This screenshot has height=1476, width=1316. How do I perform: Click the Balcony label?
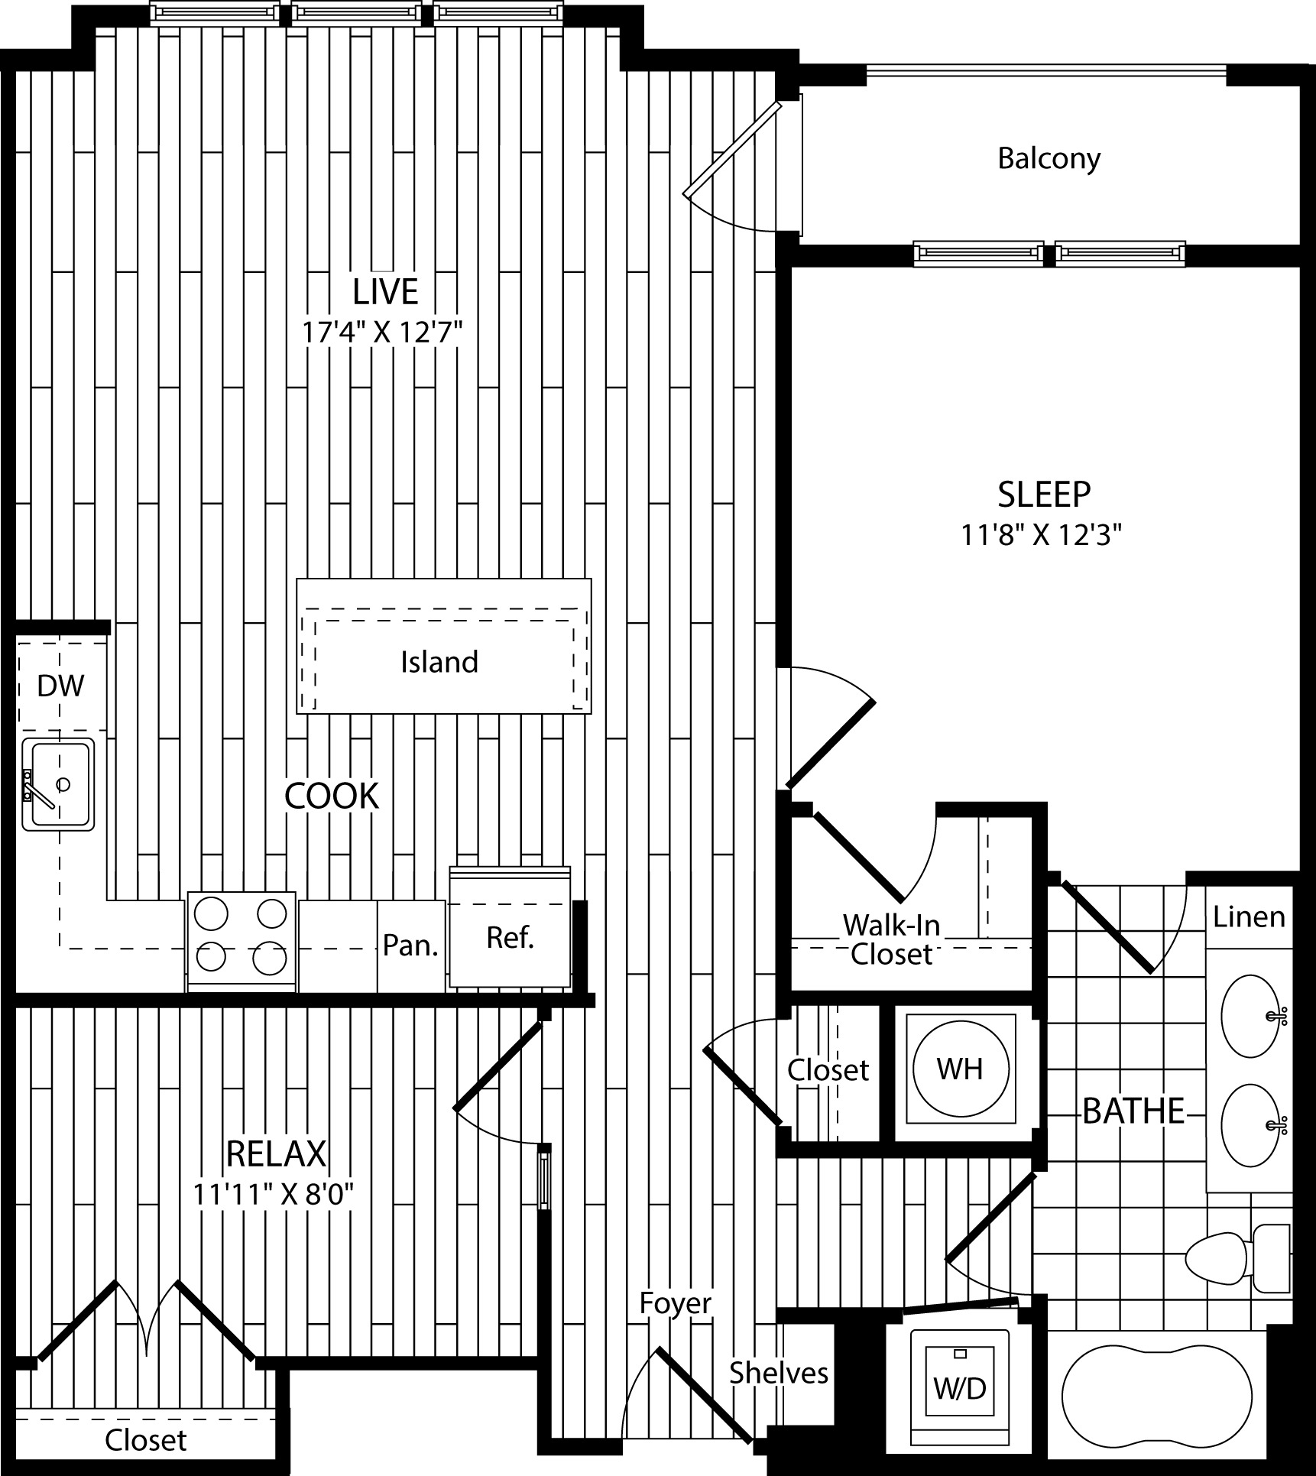(1049, 158)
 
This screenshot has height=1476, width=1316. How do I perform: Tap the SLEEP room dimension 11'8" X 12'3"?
(1041, 535)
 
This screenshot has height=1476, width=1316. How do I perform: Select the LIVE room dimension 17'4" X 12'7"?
(382, 333)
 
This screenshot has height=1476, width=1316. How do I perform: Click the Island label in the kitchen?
(439, 662)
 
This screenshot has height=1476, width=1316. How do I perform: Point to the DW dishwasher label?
(60, 686)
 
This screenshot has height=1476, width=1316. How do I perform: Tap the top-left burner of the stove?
(212, 912)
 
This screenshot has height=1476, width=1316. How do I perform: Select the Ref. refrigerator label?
(510, 937)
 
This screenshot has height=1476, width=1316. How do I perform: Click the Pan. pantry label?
(410, 946)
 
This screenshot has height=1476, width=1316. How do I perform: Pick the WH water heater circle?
(960, 1069)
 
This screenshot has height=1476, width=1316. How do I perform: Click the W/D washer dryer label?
(960, 1388)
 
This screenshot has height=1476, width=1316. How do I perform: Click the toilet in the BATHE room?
(1223, 1257)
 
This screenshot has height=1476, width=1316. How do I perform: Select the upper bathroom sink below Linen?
(1250, 1016)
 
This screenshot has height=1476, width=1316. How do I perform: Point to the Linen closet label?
(1249, 916)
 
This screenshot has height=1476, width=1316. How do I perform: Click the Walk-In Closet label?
(891, 939)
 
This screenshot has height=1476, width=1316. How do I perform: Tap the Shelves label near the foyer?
(778, 1373)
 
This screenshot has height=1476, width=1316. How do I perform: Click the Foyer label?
(676, 1302)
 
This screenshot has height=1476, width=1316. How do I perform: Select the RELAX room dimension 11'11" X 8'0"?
(274, 1194)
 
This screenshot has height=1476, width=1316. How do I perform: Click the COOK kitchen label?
(331, 796)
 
